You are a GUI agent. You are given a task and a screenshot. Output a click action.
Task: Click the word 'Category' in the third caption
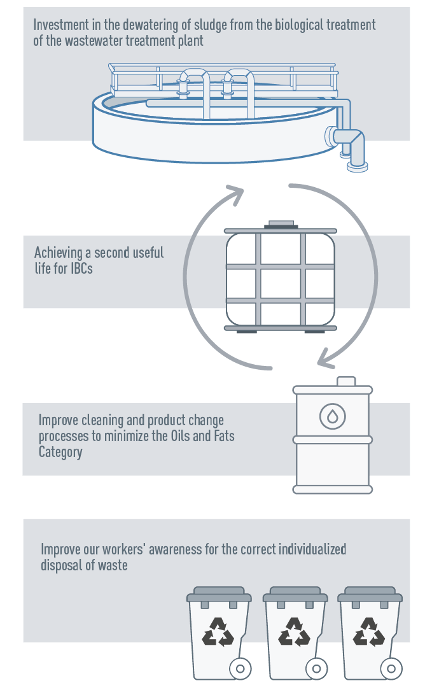tap(60, 452)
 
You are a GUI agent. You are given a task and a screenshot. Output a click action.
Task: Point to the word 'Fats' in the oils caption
tap(224, 436)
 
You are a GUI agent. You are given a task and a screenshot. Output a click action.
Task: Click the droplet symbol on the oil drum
tap(333, 416)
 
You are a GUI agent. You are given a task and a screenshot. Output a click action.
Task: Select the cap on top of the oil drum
tap(346, 381)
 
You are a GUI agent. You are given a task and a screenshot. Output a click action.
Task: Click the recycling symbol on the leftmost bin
tap(218, 631)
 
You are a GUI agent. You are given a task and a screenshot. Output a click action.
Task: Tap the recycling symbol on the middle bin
tap(294, 631)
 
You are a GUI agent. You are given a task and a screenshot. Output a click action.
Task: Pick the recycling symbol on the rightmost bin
tap(369, 631)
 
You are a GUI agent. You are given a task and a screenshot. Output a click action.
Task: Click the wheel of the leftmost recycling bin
tap(240, 668)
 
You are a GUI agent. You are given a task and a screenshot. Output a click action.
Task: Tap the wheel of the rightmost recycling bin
tap(391, 668)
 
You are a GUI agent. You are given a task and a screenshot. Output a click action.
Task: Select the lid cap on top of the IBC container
tap(281, 225)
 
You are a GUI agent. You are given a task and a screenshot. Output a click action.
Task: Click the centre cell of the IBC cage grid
tap(281, 284)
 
